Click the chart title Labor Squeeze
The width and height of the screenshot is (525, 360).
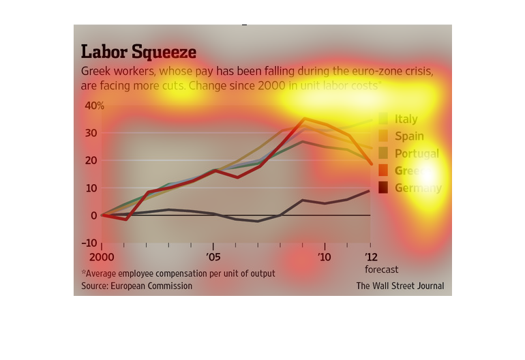click(138, 52)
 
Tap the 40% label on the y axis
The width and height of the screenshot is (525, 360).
click(94, 106)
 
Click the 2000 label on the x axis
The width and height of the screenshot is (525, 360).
click(102, 257)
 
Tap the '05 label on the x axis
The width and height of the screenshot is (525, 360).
click(213, 257)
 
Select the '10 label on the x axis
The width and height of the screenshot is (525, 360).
click(325, 257)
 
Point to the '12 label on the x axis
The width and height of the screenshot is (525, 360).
click(370, 257)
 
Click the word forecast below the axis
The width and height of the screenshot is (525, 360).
click(382, 269)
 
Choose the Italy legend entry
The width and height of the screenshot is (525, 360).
click(406, 119)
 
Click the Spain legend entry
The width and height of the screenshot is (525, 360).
click(409, 136)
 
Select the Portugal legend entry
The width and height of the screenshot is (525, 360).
click(417, 153)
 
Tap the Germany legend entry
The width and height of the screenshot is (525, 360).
click(418, 187)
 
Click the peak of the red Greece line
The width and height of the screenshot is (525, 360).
click(304, 118)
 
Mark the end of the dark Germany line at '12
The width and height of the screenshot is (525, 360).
click(370, 190)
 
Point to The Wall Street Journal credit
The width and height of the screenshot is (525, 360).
click(400, 286)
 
